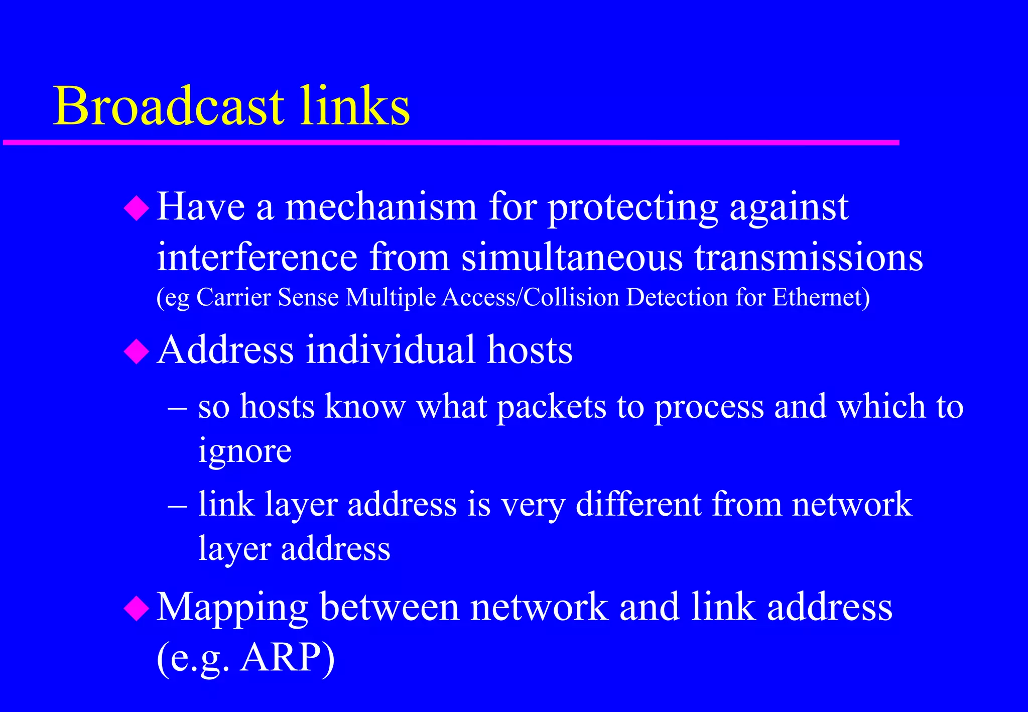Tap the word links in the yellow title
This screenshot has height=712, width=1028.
[355, 106]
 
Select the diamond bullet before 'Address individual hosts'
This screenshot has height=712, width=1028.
[137, 351]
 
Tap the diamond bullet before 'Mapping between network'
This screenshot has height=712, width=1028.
[137, 609]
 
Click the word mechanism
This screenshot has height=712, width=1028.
[381, 207]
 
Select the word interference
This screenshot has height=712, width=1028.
[257, 257]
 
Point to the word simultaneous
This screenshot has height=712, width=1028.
[572, 257]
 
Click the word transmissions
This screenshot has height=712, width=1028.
[809, 257]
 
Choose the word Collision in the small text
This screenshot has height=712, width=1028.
[571, 297]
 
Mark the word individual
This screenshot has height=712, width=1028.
[391, 350]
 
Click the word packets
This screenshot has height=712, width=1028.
[552, 407]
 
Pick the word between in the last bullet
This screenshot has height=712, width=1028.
[389, 608]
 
